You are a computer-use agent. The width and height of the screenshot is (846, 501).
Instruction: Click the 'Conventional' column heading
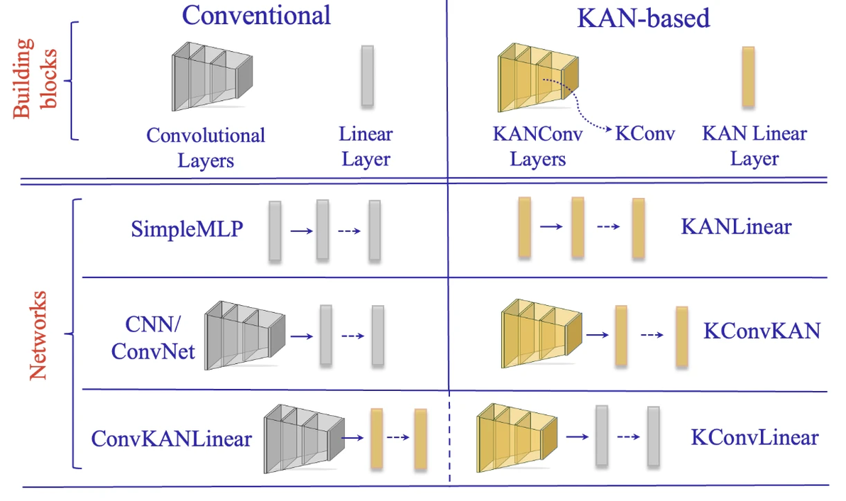[256, 16]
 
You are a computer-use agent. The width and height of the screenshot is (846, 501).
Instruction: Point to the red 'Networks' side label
[40, 334]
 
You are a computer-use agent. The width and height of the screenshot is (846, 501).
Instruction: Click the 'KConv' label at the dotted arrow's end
[645, 134]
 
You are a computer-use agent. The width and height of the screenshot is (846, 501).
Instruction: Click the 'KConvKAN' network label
[762, 331]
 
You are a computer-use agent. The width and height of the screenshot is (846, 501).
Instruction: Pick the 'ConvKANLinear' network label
[171, 439]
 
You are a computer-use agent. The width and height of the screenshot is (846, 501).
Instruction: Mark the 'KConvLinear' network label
[754, 437]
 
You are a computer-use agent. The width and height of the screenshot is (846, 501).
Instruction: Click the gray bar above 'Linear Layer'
[367, 77]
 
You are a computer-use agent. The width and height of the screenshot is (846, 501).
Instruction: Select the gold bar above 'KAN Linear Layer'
[748, 77]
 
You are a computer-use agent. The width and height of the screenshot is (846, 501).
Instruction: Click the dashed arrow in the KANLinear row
[607, 228]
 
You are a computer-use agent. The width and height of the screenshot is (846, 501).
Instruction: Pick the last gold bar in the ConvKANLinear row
[420, 438]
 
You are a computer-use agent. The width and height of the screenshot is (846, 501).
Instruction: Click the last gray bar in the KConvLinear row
[654, 434]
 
